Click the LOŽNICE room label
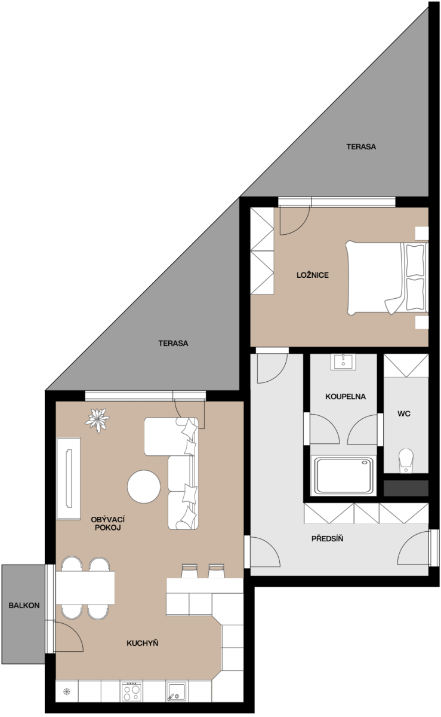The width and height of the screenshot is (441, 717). point(313,275)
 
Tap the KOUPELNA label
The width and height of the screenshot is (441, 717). point(346,397)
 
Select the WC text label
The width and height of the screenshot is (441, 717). point(404,413)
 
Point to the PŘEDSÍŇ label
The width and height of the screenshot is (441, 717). point(327,538)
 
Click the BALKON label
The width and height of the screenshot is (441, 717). point(24,605)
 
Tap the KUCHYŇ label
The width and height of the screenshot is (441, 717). point(142,643)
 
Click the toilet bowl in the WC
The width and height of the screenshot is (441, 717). point(406,460)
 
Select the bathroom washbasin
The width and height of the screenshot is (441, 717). point(343,362)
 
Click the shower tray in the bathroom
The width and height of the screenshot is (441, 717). point(344,476)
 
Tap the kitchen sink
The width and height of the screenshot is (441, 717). point(177,693)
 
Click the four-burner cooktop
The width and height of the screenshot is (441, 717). point(131,692)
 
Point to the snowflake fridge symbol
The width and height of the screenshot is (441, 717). point(66,692)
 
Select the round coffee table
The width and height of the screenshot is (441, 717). point(144,486)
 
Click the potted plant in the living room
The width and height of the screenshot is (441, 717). point(97,420)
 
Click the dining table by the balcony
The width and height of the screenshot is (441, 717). point(85,588)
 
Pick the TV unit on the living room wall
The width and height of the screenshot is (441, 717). point(69,479)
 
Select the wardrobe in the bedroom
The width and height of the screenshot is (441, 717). point(262,251)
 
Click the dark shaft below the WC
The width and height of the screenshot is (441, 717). point(406,489)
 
